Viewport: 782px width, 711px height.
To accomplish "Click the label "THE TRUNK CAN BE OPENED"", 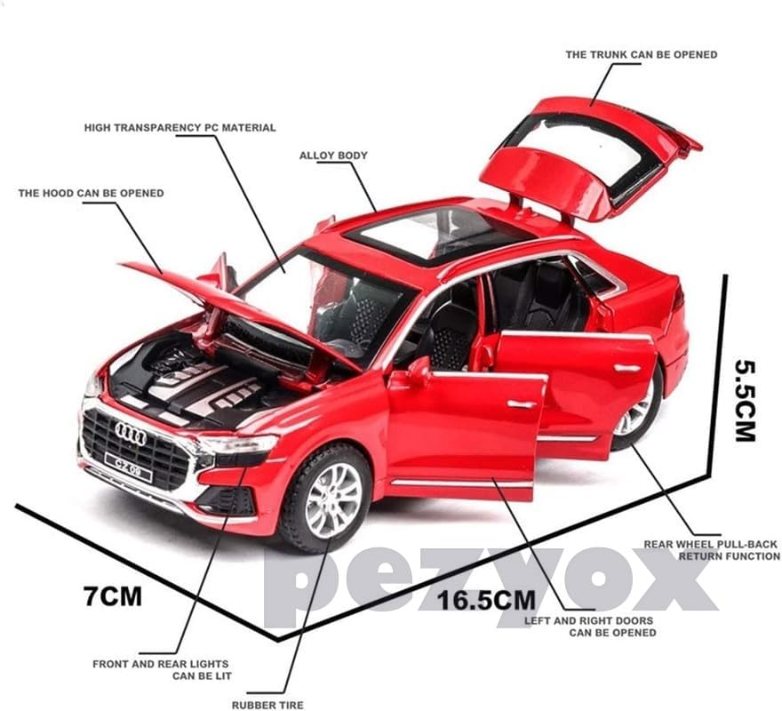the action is pyautogui.click(x=641, y=55).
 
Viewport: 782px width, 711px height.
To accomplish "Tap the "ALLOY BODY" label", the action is pyautogui.click(x=333, y=156).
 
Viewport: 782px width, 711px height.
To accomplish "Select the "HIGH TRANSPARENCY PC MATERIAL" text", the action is pyautogui.click(x=180, y=128).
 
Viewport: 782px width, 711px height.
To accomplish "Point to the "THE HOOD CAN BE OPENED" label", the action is pyautogui.click(x=92, y=193).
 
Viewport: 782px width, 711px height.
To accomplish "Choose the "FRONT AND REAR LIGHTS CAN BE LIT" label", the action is pyautogui.click(x=161, y=669).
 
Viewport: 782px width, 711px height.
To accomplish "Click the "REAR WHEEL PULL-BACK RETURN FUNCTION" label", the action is pyautogui.click(x=712, y=550).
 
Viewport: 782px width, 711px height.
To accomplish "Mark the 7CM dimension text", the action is pyautogui.click(x=113, y=595).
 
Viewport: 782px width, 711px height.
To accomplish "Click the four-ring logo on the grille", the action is pyautogui.click(x=131, y=434).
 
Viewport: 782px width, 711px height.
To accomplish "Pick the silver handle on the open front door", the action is pyautogui.click(x=524, y=404).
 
